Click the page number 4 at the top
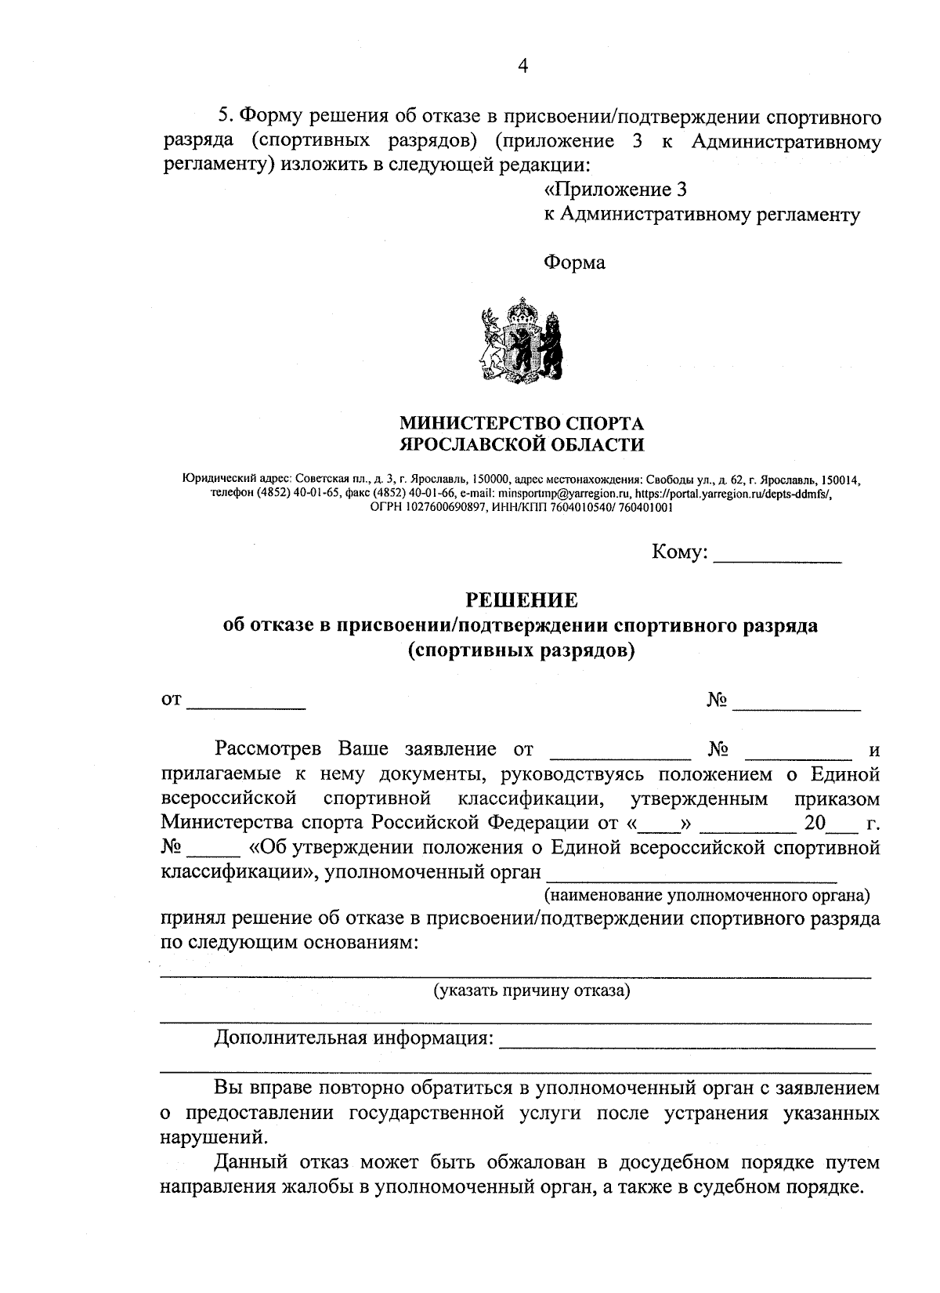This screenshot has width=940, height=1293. pyautogui.click(x=522, y=67)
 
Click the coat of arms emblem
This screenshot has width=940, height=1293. pyautogui.click(x=522, y=342)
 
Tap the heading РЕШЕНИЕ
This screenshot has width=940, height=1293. pyautogui.click(x=522, y=600)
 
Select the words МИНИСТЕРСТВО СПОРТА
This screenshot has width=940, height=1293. pyautogui.click(x=522, y=424)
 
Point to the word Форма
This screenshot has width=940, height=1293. pyautogui.click(x=574, y=263)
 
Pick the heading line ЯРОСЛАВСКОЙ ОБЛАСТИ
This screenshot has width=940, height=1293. pyautogui.click(x=522, y=445)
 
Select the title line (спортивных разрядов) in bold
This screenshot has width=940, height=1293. pyautogui.click(x=522, y=650)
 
